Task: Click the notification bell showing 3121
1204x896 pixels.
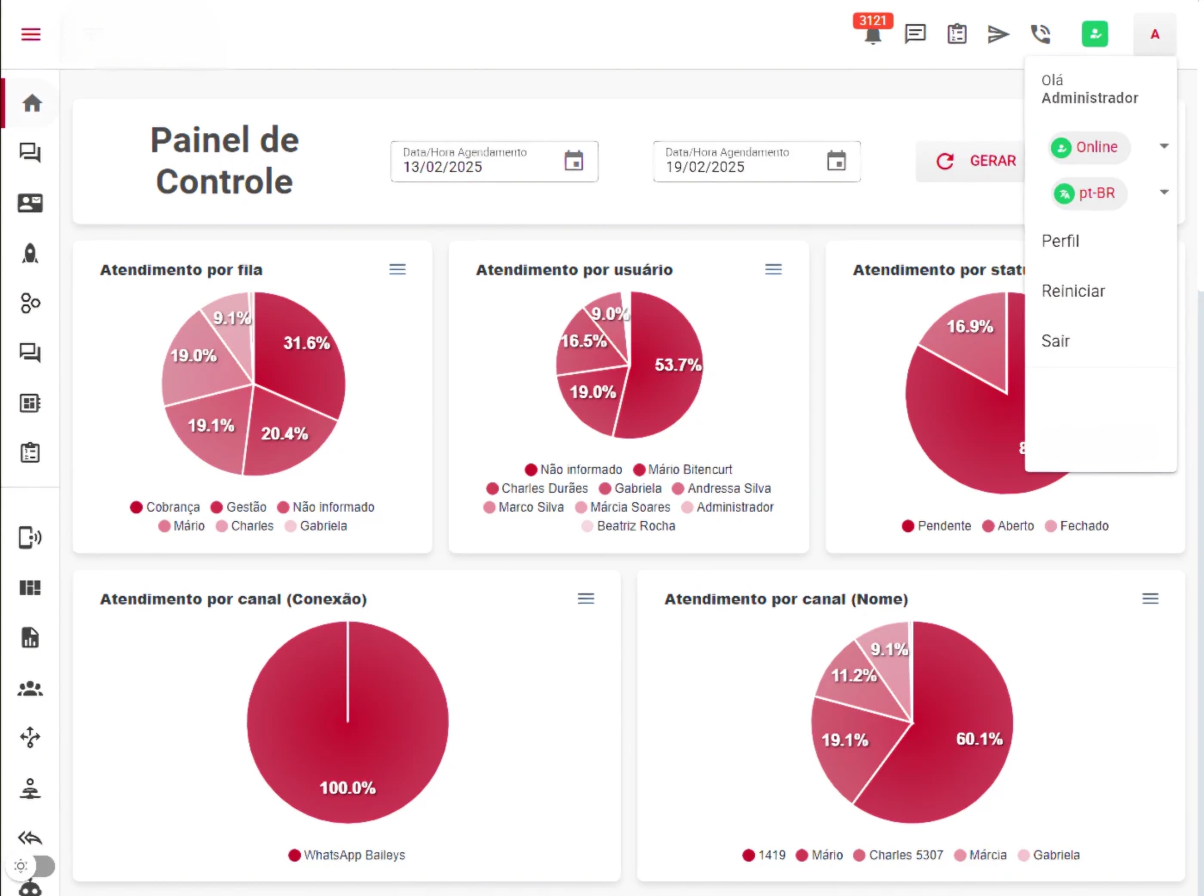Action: tap(873, 34)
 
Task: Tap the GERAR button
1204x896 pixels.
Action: tap(976, 161)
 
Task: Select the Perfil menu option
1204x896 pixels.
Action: tap(1060, 242)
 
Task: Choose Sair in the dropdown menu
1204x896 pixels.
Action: tap(1055, 341)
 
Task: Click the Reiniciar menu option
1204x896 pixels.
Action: tap(1072, 292)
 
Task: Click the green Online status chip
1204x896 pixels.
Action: tap(1088, 147)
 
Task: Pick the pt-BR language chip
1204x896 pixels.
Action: tap(1089, 193)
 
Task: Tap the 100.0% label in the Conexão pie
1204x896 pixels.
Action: tap(347, 788)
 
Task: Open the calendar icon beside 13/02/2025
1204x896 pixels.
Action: tap(574, 161)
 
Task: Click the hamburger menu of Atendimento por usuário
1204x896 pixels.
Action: tap(773, 269)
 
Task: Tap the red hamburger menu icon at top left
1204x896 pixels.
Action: tap(31, 34)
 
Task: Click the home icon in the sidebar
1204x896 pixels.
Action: tap(32, 103)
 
